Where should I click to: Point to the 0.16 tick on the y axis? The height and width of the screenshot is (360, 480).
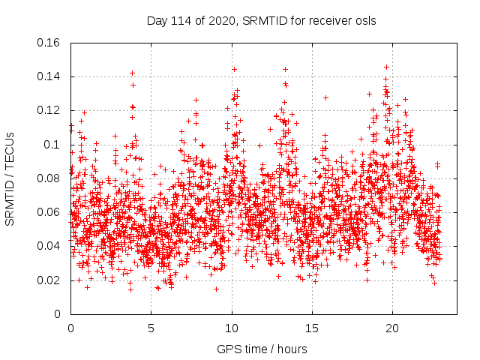[x=50, y=43]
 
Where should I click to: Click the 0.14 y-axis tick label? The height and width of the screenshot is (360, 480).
[x=50, y=76]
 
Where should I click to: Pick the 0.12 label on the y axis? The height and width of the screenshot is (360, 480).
[x=50, y=110]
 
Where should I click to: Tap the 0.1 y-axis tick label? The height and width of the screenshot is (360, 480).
[x=53, y=145]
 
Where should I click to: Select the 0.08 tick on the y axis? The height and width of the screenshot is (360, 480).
[x=50, y=178]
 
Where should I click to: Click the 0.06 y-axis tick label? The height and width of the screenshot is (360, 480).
[x=50, y=212]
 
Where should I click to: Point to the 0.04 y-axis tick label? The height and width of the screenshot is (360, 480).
[x=50, y=246]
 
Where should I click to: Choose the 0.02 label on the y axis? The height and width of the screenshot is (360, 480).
[x=50, y=280]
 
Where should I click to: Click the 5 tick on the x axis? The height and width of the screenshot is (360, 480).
[x=151, y=328]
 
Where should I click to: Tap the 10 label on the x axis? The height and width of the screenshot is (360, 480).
[x=232, y=328]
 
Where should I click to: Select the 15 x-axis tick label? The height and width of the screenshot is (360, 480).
[x=312, y=328]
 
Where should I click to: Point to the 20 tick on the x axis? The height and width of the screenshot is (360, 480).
[x=392, y=328]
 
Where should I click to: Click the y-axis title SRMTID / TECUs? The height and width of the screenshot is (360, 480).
[x=10, y=178]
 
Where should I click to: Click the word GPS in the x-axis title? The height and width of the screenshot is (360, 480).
[x=228, y=349]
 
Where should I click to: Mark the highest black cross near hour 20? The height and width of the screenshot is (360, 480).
[x=386, y=67]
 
